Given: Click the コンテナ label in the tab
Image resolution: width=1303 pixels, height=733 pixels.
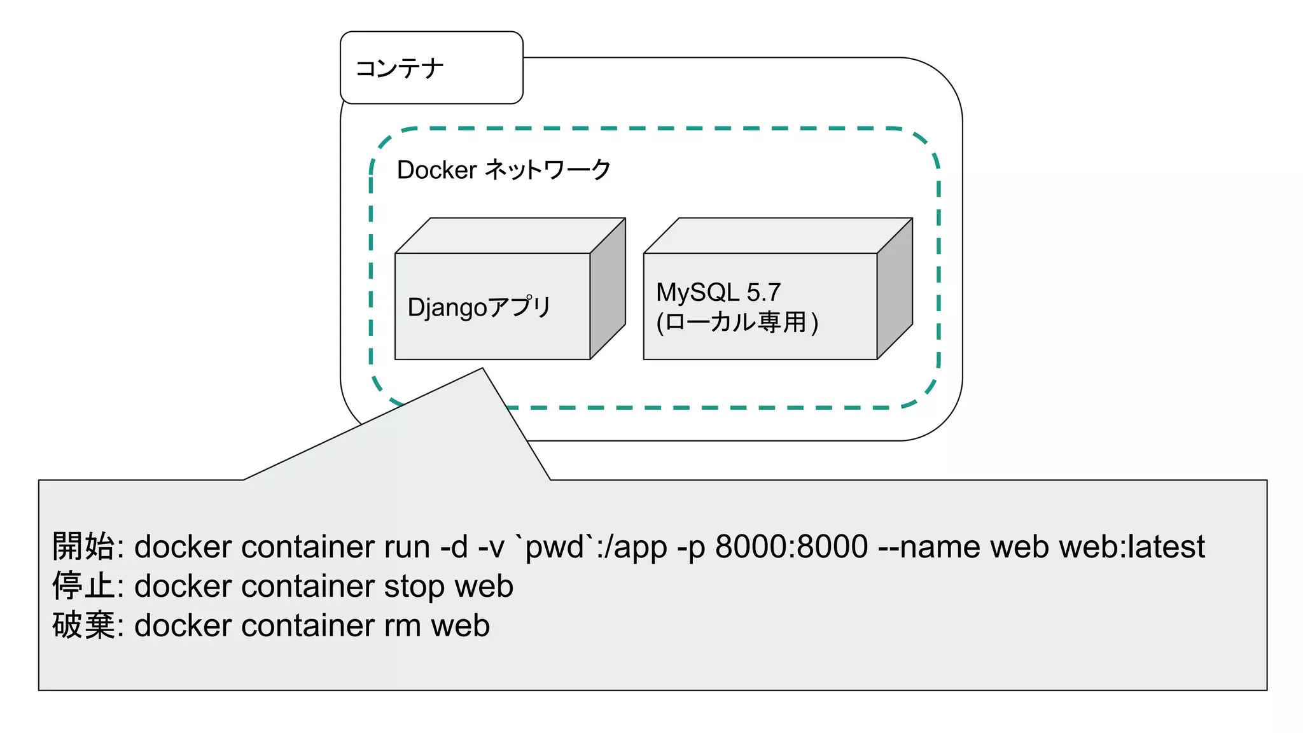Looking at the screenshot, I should pos(400,69).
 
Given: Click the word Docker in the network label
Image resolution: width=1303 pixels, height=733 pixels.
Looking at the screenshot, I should pos(436,170).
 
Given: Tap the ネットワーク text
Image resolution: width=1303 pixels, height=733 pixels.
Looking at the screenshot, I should pos(547,170).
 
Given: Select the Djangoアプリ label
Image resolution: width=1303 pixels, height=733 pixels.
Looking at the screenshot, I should pos(478,307).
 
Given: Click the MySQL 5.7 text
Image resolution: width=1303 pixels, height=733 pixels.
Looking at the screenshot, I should pos(718,293).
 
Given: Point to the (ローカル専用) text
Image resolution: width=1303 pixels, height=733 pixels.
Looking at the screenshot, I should pos(737,322).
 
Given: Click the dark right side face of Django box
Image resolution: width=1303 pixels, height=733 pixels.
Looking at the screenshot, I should pos(608,290).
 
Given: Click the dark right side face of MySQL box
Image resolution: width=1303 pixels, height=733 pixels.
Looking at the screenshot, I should pos(895,290).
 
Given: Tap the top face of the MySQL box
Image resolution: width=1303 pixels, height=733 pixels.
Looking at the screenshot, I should pos(777,236).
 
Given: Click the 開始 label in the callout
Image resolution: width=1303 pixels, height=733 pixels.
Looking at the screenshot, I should pos(83,547).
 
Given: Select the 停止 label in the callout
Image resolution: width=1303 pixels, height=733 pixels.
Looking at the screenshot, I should pos(83,586).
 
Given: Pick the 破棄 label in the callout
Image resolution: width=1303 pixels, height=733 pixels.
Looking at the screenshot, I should pos(83,625).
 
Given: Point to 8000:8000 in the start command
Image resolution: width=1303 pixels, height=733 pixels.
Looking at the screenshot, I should pos(791,547).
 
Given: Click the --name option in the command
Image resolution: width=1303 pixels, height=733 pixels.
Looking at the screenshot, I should pos(928,547).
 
